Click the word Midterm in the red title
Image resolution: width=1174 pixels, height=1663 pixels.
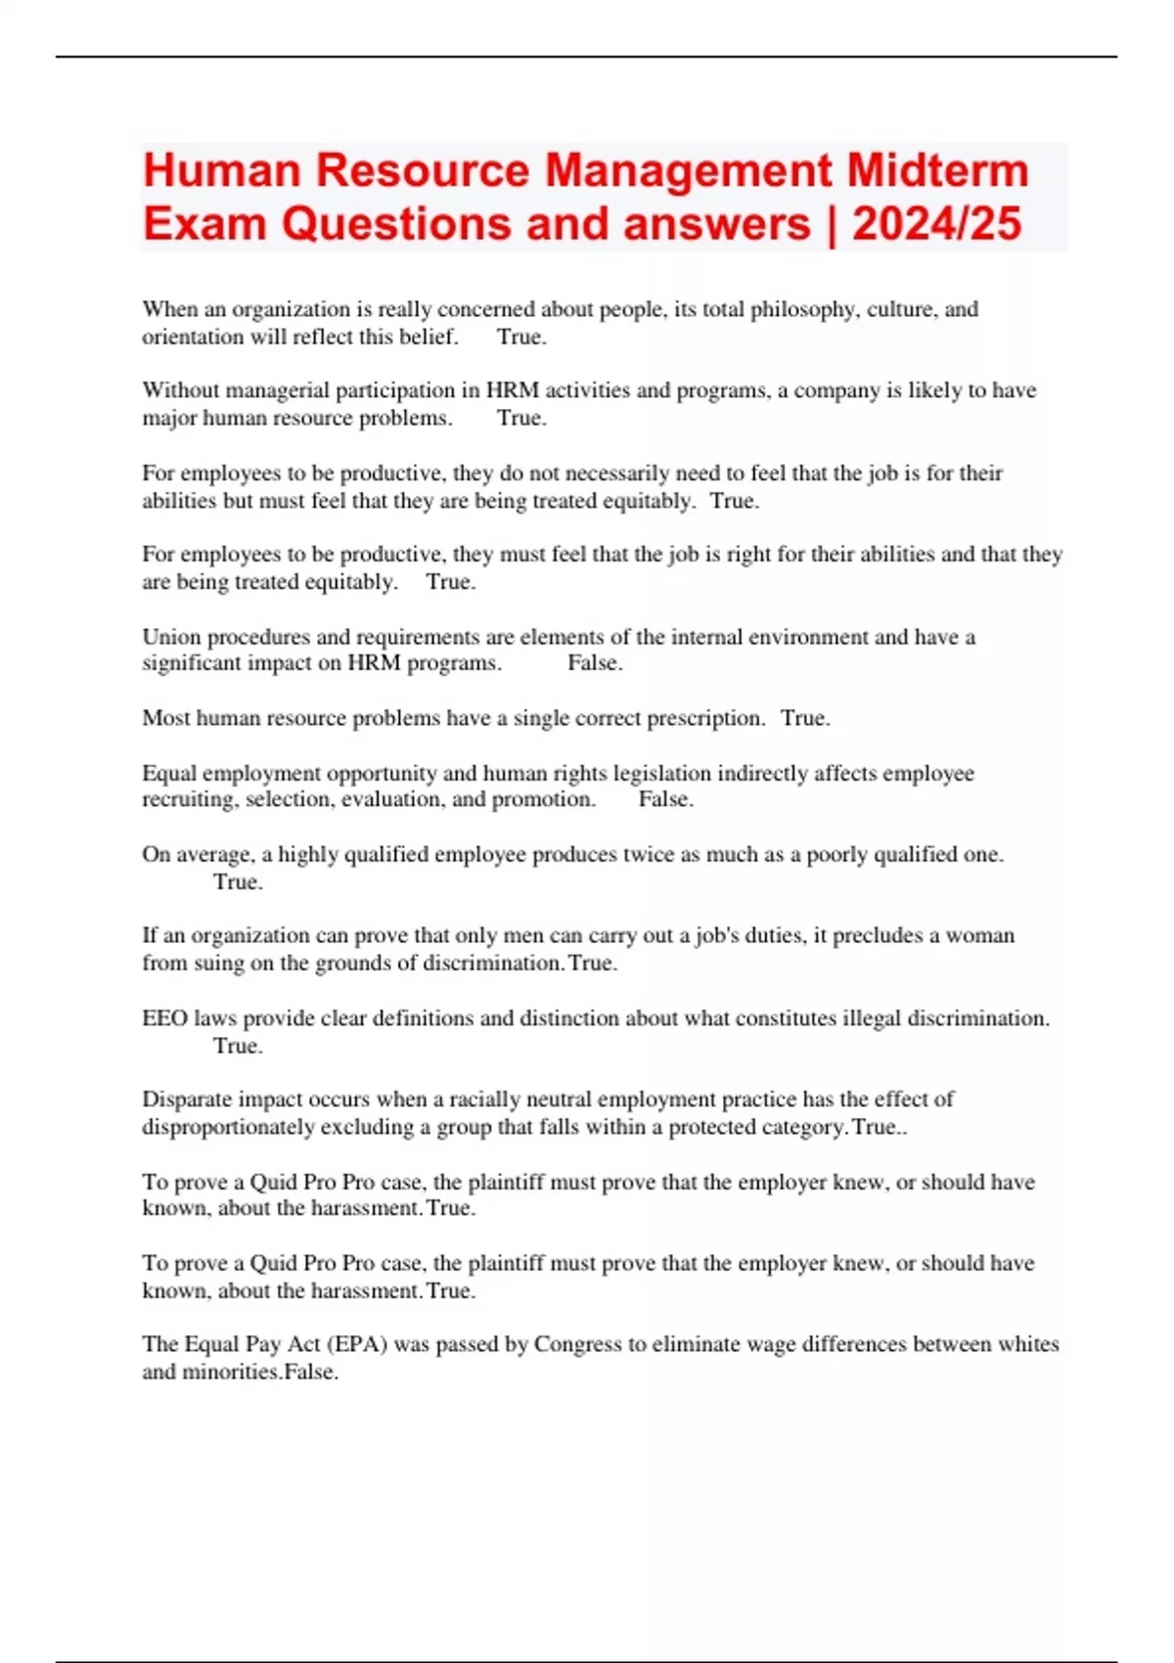click(937, 170)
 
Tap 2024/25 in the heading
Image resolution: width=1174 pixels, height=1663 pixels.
click(936, 224)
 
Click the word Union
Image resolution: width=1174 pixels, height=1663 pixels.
click(171, 637)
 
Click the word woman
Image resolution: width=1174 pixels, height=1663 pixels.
click(979, 935)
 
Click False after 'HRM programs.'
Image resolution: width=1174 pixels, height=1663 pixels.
click(594, 663)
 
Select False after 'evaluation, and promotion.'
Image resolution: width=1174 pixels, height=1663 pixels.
click(665, 799)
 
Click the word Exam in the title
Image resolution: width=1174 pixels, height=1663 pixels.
click(204, 224)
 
